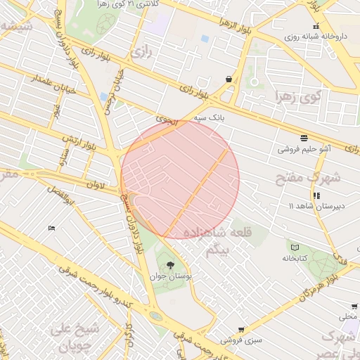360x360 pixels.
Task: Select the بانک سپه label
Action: coord(229,118)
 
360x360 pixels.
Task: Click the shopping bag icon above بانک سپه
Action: coord(229,79)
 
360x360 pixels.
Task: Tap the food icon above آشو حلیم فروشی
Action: coord(303,138)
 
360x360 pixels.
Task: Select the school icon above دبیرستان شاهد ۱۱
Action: coord(316,195)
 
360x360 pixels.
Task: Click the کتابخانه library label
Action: coord(296,258)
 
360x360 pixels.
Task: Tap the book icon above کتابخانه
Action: coord(295,247)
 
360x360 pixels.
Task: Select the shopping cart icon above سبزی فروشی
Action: coord(241,329)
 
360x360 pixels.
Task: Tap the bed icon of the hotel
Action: coord(51,228)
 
